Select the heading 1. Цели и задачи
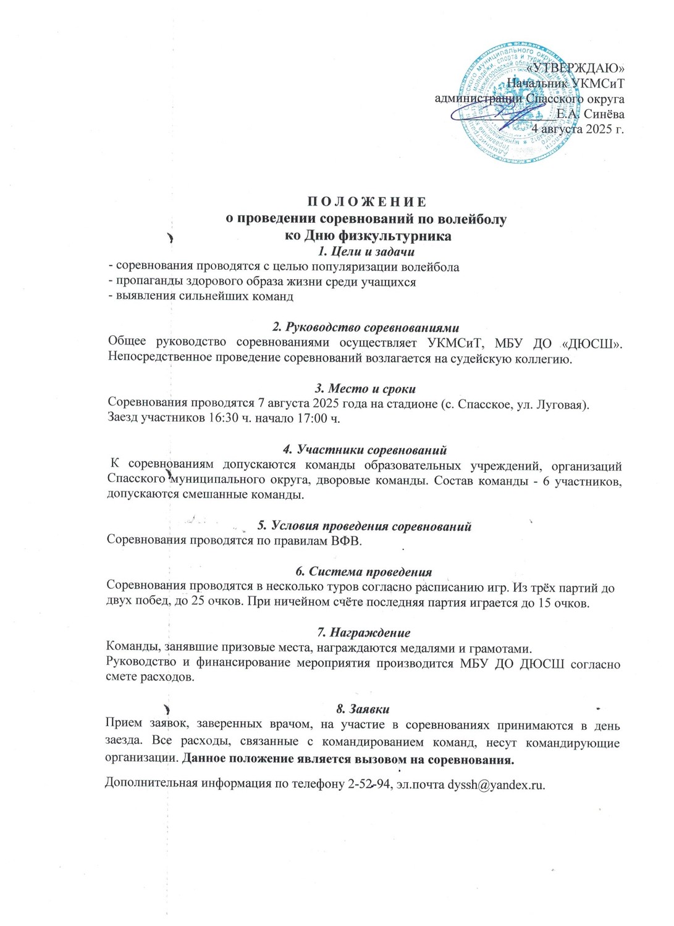pyautogui.click(x=364, y=251)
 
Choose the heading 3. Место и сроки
pyautogui.click(x=365, y=389)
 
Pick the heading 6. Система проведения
pyautogui.click(x=364, y=572)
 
